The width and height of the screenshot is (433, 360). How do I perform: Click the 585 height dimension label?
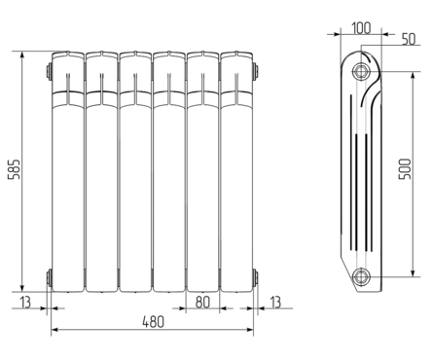15,169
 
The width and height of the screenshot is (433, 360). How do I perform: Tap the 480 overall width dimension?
154,322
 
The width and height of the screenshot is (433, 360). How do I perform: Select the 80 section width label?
202,302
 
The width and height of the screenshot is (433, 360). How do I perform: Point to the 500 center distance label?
405,168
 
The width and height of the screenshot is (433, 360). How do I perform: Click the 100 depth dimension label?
361,28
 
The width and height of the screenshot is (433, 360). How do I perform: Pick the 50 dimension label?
409,39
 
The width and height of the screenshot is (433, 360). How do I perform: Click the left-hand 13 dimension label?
25,302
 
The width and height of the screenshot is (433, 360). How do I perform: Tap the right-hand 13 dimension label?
275,302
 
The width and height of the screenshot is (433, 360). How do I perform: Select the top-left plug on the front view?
50,71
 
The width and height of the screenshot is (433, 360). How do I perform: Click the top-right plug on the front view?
256,71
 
